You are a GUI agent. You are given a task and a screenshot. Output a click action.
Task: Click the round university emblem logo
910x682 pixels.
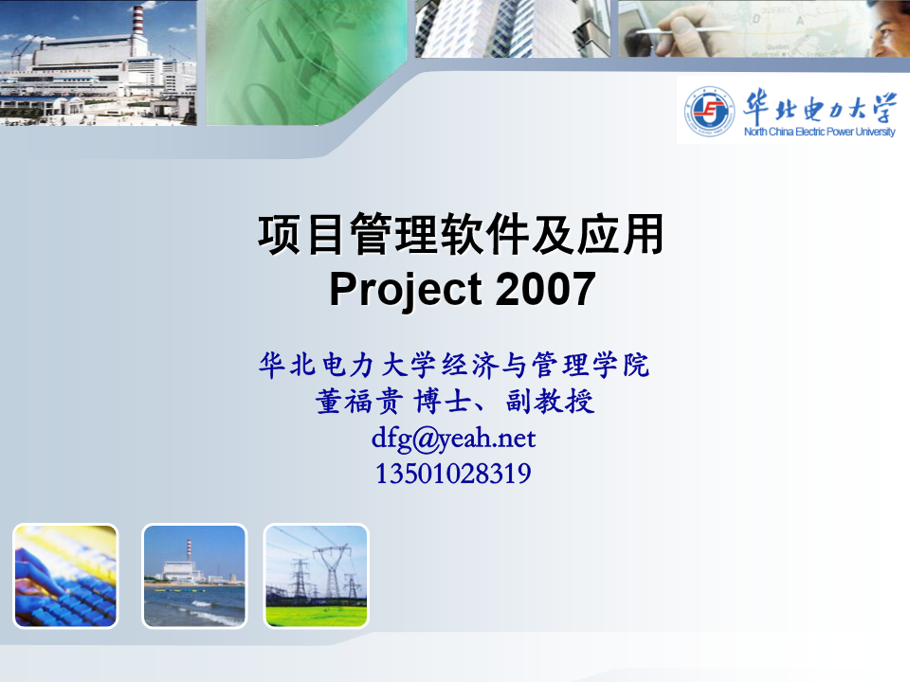click(x=709, y=111)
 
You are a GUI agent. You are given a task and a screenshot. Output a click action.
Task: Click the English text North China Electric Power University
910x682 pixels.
click(x=819, y=132)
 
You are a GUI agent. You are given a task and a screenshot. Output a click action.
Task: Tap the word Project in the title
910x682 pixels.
click(x=406, y=290)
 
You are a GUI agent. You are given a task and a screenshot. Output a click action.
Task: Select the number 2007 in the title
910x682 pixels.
click(x=546, y=289)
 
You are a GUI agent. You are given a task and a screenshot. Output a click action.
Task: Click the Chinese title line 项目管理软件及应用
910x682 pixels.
click(x=461, y=234)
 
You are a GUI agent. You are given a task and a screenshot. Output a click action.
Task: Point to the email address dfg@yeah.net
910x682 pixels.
click(x=453, y=439)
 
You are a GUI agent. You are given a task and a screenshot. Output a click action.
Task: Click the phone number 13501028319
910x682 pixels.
click(x=453, y=474)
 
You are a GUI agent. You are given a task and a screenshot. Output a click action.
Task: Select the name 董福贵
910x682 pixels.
click(x=359, y=402)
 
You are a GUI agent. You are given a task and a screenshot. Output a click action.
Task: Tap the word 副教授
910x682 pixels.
click(x=550, y=402)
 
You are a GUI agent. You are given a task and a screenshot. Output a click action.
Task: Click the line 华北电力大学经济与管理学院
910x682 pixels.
click(x=454, y=366)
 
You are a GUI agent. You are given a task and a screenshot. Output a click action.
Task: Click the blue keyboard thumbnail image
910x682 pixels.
click(x=65, y=576)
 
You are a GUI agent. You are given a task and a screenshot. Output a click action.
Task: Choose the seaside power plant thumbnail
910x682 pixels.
click(x=194, y=576)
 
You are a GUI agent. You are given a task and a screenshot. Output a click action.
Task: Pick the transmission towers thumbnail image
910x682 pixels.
click(x=317, y=576)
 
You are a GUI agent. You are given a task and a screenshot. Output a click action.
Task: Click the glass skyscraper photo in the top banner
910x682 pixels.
click(x=513, y=28)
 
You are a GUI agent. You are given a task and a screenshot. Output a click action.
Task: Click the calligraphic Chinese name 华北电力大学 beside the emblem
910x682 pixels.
click(x=820, y=105)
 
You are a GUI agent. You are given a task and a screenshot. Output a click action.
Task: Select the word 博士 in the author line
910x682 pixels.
click(x=442, y=402)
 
